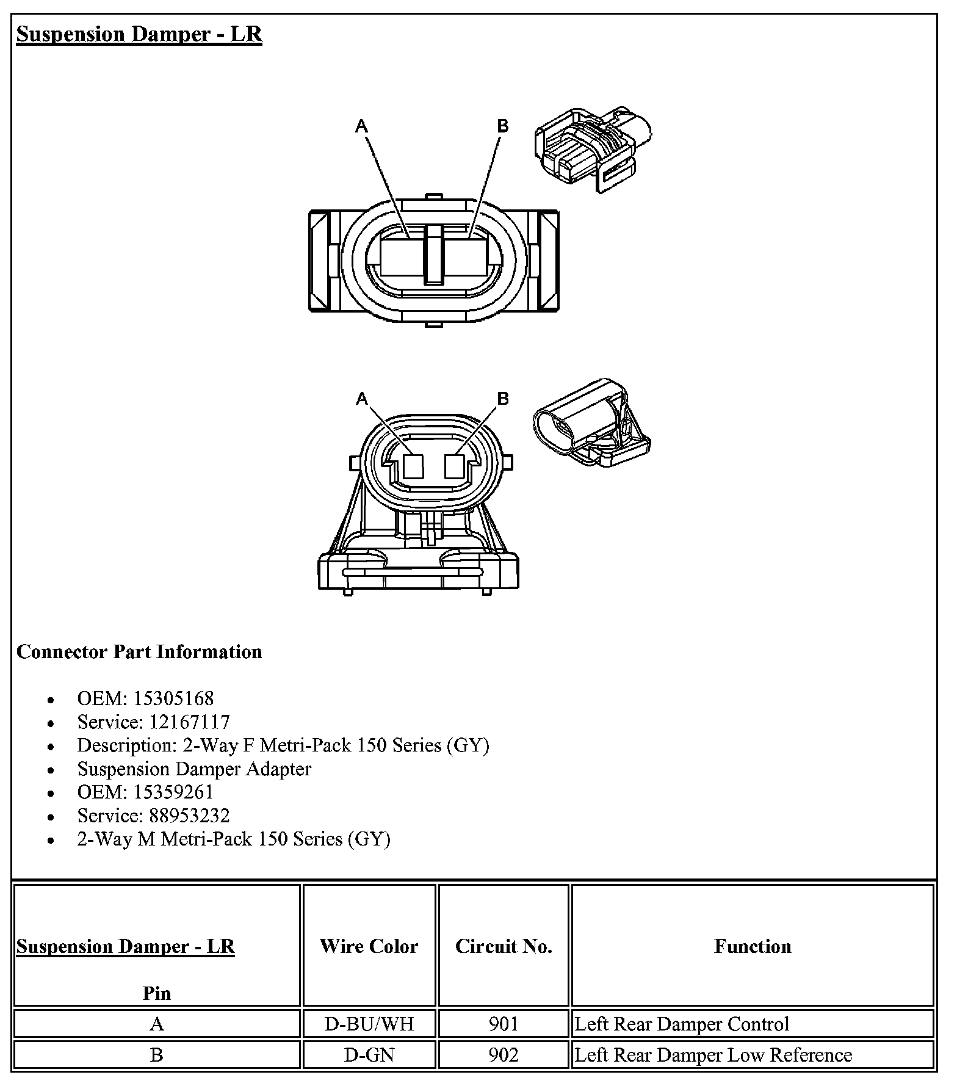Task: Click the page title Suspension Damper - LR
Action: coord(139,34)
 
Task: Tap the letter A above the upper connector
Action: coord(362,126)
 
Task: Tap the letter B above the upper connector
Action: coord(502,126)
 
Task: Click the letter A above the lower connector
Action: coord(362,399)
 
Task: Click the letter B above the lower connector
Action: coord(502,399)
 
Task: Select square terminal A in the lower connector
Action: coord(414,467)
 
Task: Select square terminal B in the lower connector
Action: coord(455,467)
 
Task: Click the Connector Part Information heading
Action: coord(139,651)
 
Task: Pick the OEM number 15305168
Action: coord(173,698)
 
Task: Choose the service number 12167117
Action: coord(190,722)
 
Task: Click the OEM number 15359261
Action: coord(173,792)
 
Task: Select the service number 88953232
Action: coord(190,816)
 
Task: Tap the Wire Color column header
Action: coord(369,946)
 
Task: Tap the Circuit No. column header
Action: coord(504,946)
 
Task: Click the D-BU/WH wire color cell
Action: coord(369,1024)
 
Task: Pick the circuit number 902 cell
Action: coord(504,1055)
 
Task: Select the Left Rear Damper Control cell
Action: coord(682,1024)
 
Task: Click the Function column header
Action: coord(752,946)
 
